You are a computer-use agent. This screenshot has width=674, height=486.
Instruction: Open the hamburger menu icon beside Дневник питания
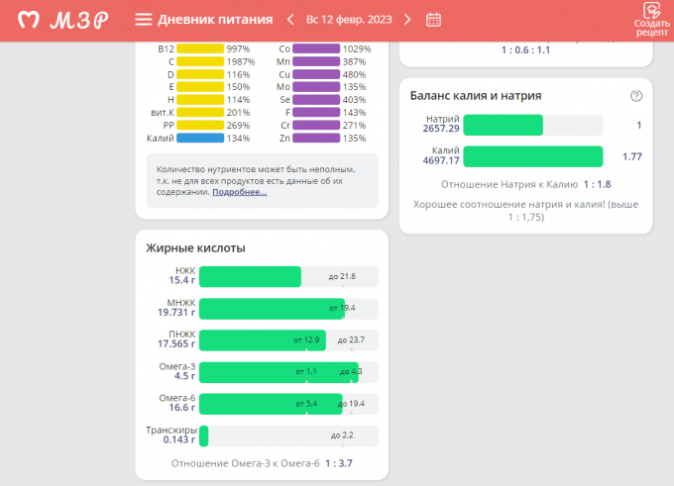pyautogui.click(x=144, y=20)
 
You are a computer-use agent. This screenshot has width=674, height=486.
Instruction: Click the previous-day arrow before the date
pyautogui.click(x=290, y=20)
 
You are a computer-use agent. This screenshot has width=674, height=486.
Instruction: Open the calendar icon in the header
pyautogui.click(x=433, y=20)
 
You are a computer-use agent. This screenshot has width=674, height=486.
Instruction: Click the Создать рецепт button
pyautogui.click(x=651, y=20)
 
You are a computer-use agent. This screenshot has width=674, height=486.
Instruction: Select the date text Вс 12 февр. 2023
pyautogui.click(x=349, y=20)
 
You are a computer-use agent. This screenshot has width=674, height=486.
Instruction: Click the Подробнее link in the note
pyautogui.click(x=239, y=192)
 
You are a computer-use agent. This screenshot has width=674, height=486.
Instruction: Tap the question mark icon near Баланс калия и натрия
pyautogui.click(x=636, y=96)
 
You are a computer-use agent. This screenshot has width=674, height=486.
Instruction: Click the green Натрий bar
pyautogui.click(x=503, y=125)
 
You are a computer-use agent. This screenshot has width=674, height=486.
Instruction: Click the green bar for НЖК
pyautogui.click(x=250, y=276)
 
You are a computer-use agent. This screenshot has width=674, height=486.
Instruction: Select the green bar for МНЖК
pyautogui.click(x=272, y=308)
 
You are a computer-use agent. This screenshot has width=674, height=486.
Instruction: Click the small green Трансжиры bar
pyautogui.click(x=203, y=435)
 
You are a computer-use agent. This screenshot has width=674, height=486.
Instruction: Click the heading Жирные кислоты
pyautogui.click(x=195, y=248)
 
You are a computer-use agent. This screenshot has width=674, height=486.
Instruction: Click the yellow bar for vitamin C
pyautogui.click(x=200, y=61)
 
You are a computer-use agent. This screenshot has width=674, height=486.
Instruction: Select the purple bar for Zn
pyautogui.click(x=316, y=139)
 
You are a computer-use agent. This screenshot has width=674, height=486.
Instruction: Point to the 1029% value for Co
pyautogui.click(x=357, y=49)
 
